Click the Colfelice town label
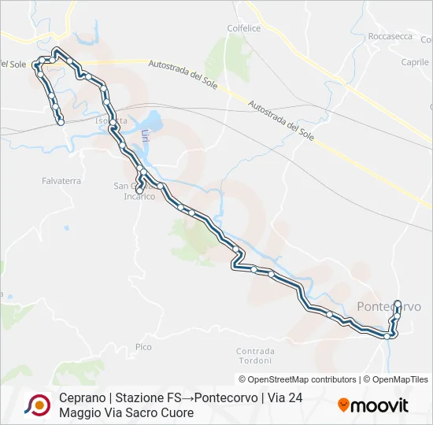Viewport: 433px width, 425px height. tap(243, 28)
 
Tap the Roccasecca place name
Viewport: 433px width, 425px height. tap(390, 36)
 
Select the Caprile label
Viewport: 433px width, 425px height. tap(415, 62)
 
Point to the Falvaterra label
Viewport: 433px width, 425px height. tap(61, 180)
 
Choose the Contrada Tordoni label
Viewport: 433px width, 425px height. tap(254, 356)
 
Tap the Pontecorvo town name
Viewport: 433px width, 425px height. tap(389, 306)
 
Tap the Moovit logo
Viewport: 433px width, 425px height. tap(373, 405)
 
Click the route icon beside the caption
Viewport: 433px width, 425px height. tap(37, 405)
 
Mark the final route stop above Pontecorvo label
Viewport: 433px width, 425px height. tap(397, 304)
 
